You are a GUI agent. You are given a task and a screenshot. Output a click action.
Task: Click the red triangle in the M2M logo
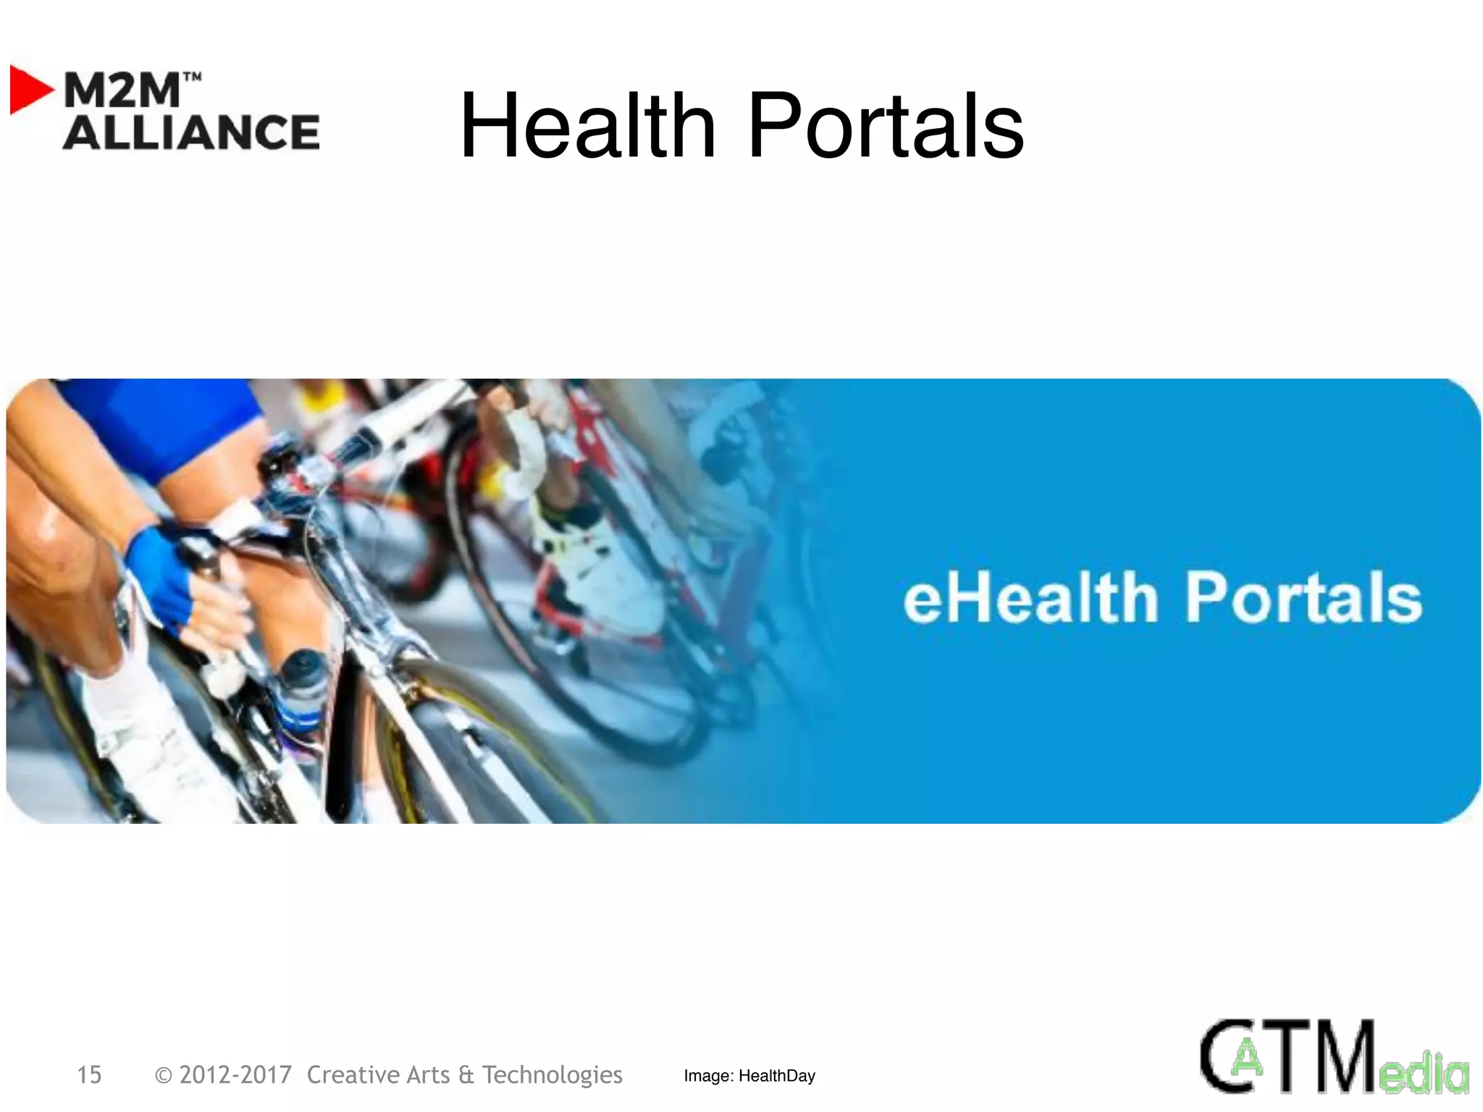pyautogui.click(x=29, y=90)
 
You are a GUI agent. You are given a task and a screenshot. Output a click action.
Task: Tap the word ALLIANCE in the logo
pyautogui.click(x=191, y=132)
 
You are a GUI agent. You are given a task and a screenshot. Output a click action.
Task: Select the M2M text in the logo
pyautogui.click(x=121, y=90)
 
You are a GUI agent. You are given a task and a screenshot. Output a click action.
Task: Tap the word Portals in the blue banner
pyautogui.click(x=1303, y=598)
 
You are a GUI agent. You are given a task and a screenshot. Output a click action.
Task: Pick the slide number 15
pyautogui.click(x=89, y=1075)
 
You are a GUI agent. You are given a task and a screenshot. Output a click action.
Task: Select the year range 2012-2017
pyautogui.click(x=235, y=1075)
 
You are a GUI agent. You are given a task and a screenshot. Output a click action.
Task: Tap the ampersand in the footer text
pyautogui.click(x=466, y=1075)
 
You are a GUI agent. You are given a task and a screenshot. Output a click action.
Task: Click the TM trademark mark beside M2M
pyautogui.click(x=192, y=76)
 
